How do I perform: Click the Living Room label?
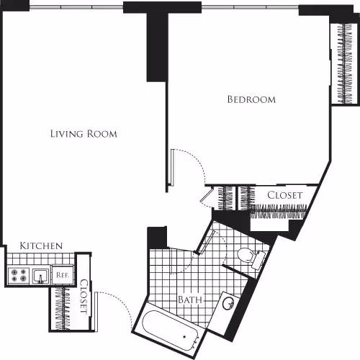coord(84,134)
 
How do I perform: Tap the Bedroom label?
coord(251,100)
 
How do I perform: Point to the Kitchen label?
coord(40,246)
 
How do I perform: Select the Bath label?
coord(189,300)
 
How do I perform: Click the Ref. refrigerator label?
coord(63,274)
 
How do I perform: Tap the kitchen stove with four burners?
coord(18,274)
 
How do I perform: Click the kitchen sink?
coord(41,274)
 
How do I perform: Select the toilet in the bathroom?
coord(248,256)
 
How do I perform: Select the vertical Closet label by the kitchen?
coord(84,296)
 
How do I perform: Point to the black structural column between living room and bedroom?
coord(156,45)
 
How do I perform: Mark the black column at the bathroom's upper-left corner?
coord(157,238)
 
